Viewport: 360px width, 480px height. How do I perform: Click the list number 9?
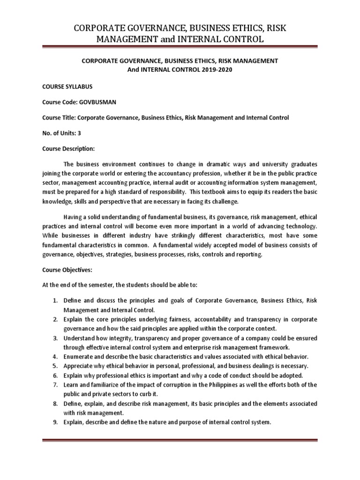pos(55,422)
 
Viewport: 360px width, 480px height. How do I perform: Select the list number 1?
pos(55,300)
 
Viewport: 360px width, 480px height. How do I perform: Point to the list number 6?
pos(55,375)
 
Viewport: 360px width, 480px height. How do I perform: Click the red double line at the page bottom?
pos(180,440)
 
